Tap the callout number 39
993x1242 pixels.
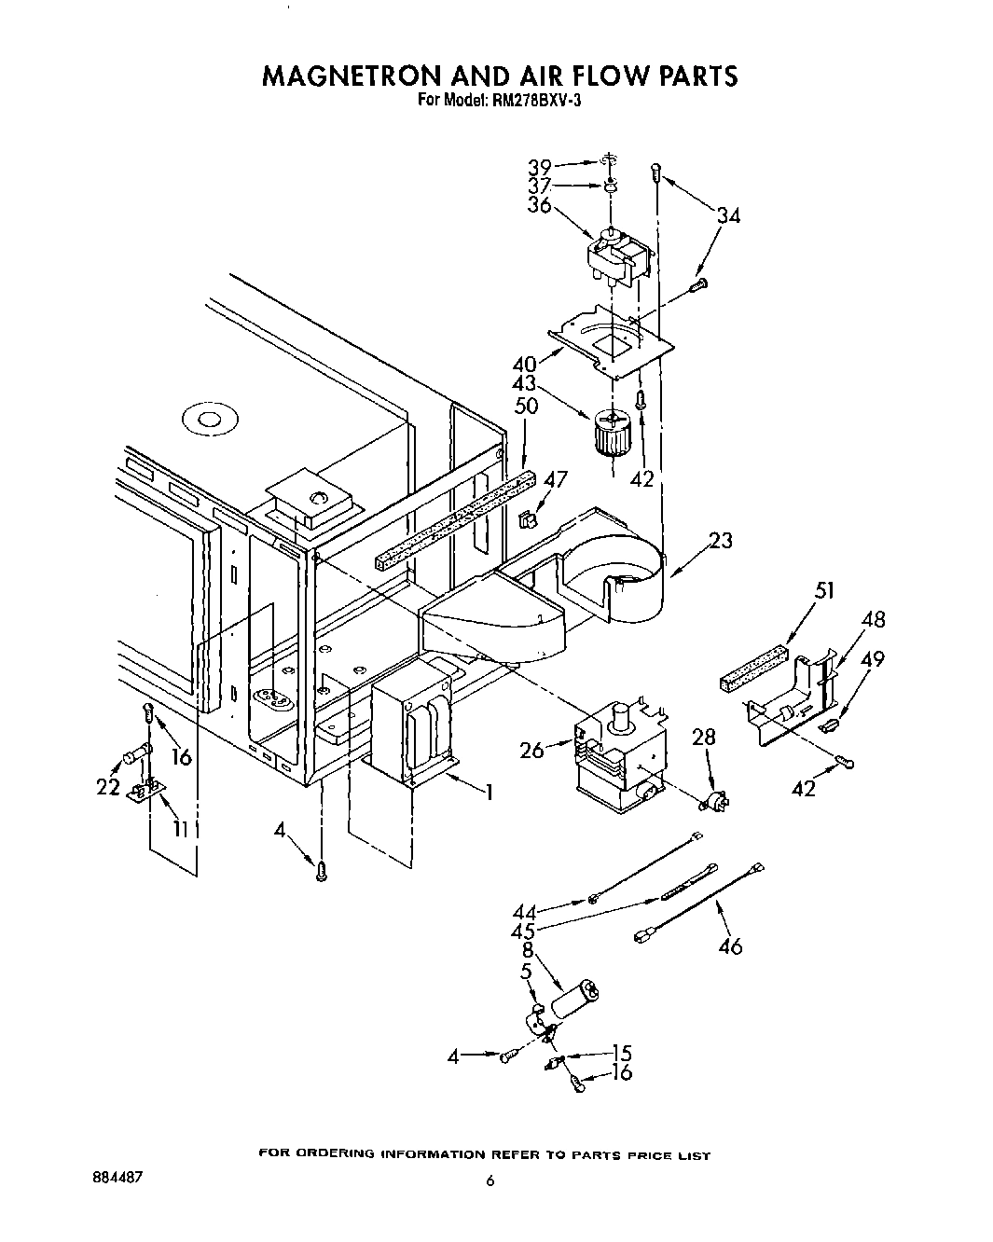pyautogui.click(x=540, y=167)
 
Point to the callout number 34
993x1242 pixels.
pyautogui.click(x=728, y=216)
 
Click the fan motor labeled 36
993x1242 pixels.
pyautogui.click(x=615, y=255)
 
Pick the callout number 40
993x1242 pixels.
pyautogui.click(x=524, y=364)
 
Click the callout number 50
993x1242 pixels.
pyautogui.click(x=527, y=407)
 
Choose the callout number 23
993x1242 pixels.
pyautogui.click(x=720, y=540)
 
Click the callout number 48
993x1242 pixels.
pyautogui.click(x=873, y=619)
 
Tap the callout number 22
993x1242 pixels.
pyautogui.click(x=108, y=787)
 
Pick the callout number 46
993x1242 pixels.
pyautogui.click(x=731, y=946)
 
